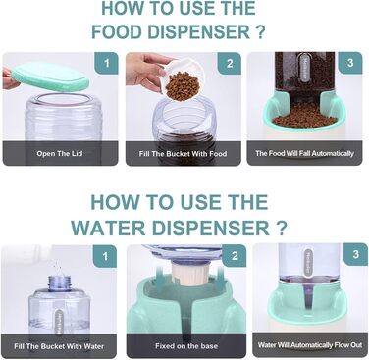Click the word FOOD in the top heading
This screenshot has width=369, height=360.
click(117, 32)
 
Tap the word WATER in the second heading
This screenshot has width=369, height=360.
click(108, 228)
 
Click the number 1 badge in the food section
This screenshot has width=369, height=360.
click(106, 63)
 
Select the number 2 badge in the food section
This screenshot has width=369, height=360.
click(230, 63)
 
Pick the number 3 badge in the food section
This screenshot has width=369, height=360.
click(350, 63)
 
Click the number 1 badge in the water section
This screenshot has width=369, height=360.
click(105, 256)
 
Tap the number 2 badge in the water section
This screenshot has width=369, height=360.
click(235, 256)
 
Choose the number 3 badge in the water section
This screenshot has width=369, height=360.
click(356, 254)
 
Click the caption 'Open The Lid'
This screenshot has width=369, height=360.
click(60, 153)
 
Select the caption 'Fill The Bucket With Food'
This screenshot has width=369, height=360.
click(183, 153)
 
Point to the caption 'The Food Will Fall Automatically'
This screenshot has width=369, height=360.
click(304, 153)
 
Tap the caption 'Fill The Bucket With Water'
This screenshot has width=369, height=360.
click(59, 346)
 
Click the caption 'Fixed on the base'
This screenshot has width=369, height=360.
click(186, 346)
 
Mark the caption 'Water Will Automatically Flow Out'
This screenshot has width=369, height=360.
click(310, 345)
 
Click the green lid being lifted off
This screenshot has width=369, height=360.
click(49, 77)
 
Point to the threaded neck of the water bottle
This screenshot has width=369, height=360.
click(59, 283)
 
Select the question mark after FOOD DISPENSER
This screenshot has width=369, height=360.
click(260, 32)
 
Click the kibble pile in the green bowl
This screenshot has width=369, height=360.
click(304, 116)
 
